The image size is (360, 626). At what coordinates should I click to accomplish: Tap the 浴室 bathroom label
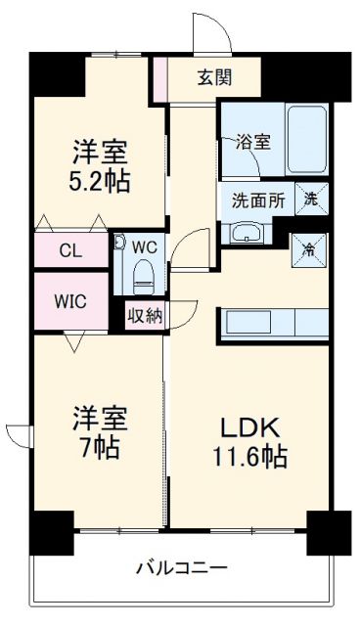(x=254, y=141)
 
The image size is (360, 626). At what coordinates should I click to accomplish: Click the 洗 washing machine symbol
(x=309, y=198)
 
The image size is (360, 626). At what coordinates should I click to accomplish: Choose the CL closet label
(x=69, y=249)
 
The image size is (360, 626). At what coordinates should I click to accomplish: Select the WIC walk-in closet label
(x=69, y=301)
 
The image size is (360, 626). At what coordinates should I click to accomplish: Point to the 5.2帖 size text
(x=100, y=181)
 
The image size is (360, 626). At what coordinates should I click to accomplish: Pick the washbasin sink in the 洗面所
(x=246, y=233)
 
